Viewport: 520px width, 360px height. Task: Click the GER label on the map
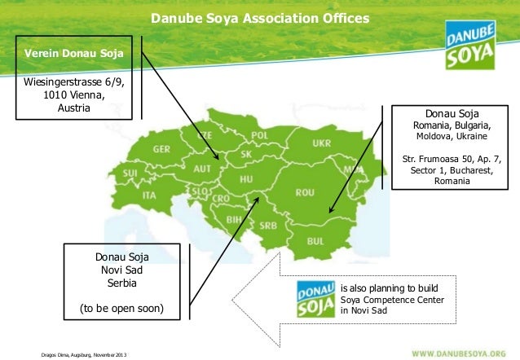[x=161, y=149]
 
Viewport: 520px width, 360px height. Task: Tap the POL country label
[x=259, y=135]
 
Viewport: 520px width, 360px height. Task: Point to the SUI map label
[x=130, y=173]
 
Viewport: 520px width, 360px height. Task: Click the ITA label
[x=149, y=195]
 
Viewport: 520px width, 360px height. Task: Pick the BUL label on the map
[x=315, y=240]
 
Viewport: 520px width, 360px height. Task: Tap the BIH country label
[x=232, y=220]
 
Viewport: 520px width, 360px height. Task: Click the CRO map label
[x=221, y=199]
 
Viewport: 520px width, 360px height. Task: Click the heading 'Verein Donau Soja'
[x=73, y=55]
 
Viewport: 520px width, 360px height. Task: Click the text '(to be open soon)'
[x=121, y=309]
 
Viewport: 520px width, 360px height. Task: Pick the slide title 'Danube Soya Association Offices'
[x=259, y=17]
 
